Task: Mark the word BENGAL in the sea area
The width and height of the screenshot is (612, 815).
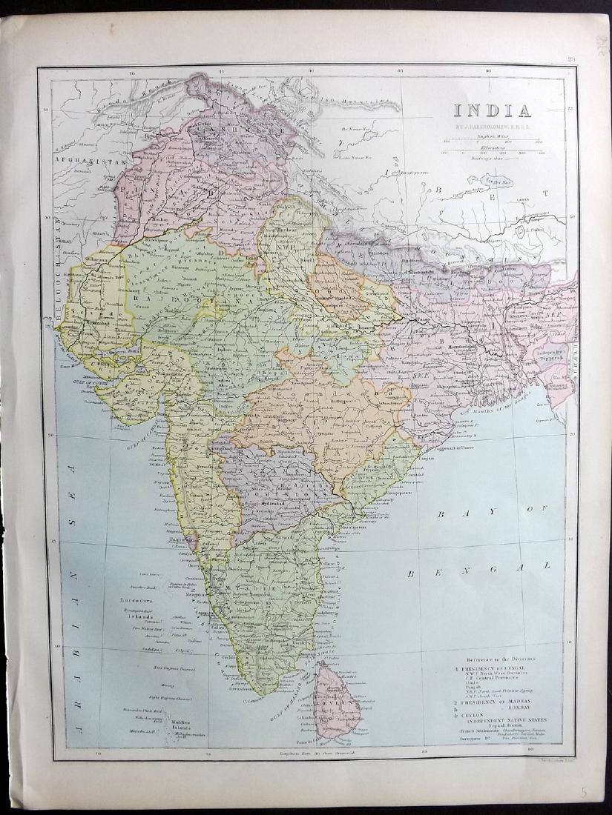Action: (x=479, y=569)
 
